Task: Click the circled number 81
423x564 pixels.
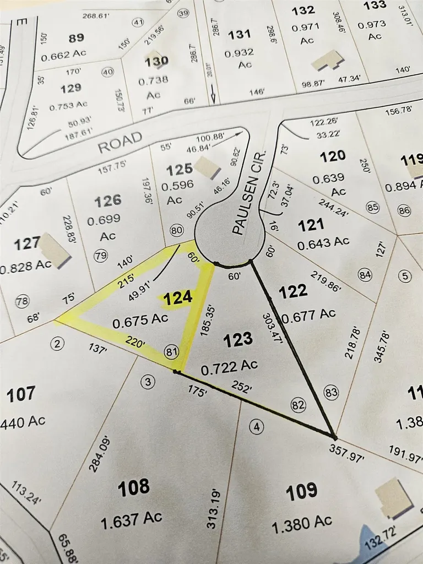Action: click(171, 351)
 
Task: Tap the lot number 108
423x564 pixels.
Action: click(134, 487)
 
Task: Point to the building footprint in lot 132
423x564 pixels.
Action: click(327, 61)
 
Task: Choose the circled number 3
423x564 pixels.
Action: click(147, 382)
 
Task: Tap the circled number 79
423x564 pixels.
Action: click(101, 255)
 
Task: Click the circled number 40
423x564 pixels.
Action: click(107, 72)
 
